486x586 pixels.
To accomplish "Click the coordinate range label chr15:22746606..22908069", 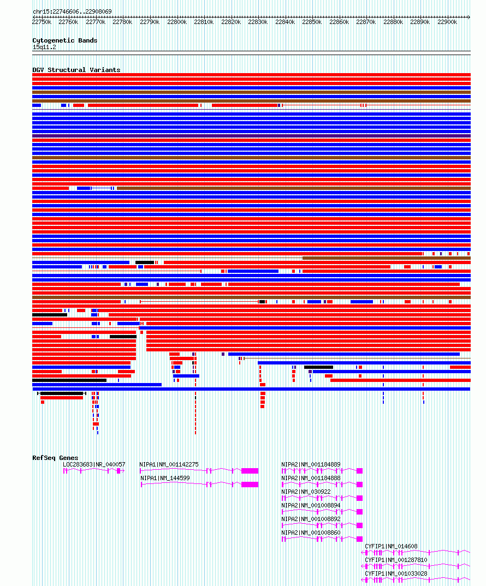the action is (72, 11).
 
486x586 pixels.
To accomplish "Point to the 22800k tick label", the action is (177, 22).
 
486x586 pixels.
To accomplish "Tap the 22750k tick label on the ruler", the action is (42, 22).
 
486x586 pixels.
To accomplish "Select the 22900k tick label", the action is (447, 22).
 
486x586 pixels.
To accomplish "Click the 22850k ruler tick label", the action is (312, 22).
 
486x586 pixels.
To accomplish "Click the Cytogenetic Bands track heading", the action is (65, 40).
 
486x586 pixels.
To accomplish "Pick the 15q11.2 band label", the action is (44, 47).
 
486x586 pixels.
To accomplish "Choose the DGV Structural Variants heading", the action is (76, 70).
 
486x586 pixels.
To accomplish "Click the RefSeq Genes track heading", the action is (55, 458).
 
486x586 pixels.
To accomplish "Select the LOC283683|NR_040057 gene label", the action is (94, 464).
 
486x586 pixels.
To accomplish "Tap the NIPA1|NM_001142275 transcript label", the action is (169, 464).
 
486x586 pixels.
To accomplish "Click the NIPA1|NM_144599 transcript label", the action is (165, 478).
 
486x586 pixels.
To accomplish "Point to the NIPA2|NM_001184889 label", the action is (311, 464).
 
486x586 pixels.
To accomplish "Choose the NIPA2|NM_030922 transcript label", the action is (306, 492).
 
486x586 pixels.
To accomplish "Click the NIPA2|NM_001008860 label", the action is (311, 533).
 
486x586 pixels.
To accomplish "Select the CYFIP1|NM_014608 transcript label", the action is (391, 546).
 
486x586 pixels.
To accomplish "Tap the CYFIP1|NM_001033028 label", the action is (396, 573).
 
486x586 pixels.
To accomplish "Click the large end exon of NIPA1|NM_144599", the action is (250, 485).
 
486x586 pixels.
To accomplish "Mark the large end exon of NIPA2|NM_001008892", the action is (359, 525).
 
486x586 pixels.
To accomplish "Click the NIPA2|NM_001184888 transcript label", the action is (311, 478).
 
